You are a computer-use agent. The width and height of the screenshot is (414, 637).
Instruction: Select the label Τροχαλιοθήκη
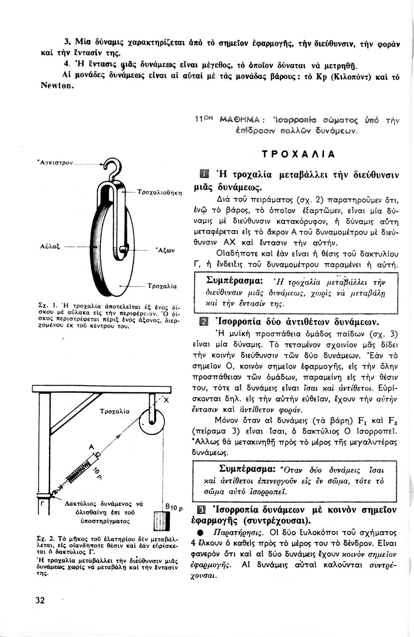(160, 192)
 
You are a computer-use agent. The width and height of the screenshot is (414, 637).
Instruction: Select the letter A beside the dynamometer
(90, 447)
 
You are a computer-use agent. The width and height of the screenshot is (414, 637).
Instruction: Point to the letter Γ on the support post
(42, 504)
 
